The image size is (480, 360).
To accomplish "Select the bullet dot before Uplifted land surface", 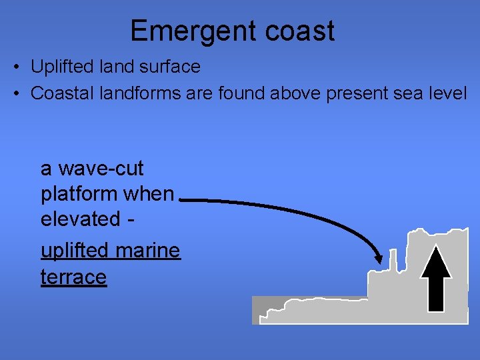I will click(x=17, y=67).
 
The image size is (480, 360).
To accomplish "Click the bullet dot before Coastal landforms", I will click(x=17, y=94).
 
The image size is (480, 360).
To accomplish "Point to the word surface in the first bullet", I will click(x=171, y=67).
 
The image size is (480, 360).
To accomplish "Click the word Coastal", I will click(x=59, y=93).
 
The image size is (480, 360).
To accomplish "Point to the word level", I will click(x=447, y=93).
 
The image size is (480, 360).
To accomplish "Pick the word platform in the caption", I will click(x=78, y=195).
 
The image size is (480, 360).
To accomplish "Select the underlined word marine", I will click(x=147, y=251).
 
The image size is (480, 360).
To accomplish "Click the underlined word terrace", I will click(x=73, y=277).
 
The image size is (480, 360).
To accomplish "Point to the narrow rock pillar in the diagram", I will click(x=393, y=260).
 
